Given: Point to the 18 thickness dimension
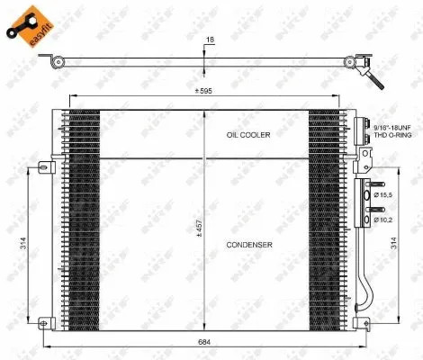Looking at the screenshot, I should [210, 40].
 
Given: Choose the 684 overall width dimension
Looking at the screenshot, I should [206, 341].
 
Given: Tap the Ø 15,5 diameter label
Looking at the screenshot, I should [384, 195].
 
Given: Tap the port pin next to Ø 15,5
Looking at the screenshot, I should [367, 195].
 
